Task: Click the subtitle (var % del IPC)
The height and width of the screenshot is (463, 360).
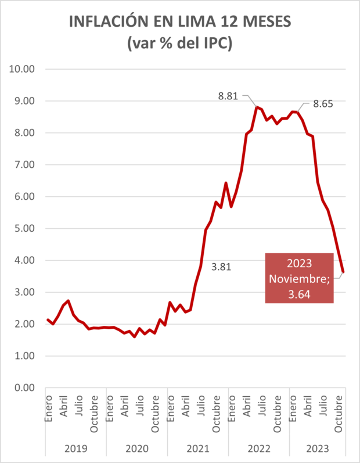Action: coord(179,44)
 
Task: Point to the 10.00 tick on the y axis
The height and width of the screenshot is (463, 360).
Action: coord(23,69)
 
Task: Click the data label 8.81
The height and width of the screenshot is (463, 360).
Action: coord(228,96)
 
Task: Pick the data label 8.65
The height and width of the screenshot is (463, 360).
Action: coord(323,105)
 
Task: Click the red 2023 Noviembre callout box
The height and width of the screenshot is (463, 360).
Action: coord(300,278)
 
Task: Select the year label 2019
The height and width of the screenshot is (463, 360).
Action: coord(76,448)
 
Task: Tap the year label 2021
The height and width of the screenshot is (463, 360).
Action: coord(198,448)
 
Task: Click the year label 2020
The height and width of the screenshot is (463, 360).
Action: coord(137,448)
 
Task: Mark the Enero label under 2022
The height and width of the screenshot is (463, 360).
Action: coord(232,409)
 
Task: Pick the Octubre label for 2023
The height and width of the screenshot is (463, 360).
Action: coord(338,412)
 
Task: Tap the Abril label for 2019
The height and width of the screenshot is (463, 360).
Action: coord(64,408)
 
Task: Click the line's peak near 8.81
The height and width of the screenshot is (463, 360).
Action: coord(256,107)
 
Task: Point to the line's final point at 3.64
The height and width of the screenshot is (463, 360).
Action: coord(343,271)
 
